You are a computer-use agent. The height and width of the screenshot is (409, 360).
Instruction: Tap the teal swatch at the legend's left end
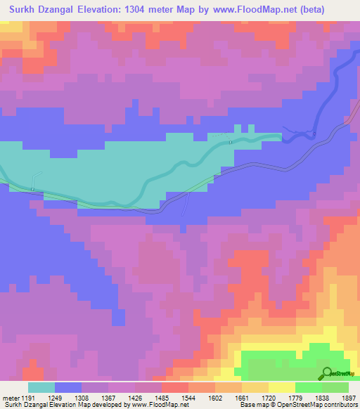tap(41, 387)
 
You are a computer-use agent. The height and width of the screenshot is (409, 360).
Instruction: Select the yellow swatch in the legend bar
tap(282, 387)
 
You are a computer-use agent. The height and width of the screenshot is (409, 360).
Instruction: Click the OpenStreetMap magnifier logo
tap(327, 374)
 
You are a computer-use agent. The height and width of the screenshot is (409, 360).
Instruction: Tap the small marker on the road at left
tap(32, 188)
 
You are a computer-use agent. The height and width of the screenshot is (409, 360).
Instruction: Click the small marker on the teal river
tap(231, 143)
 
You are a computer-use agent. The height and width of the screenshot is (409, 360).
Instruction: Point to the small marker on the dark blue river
tap(314, 134)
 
